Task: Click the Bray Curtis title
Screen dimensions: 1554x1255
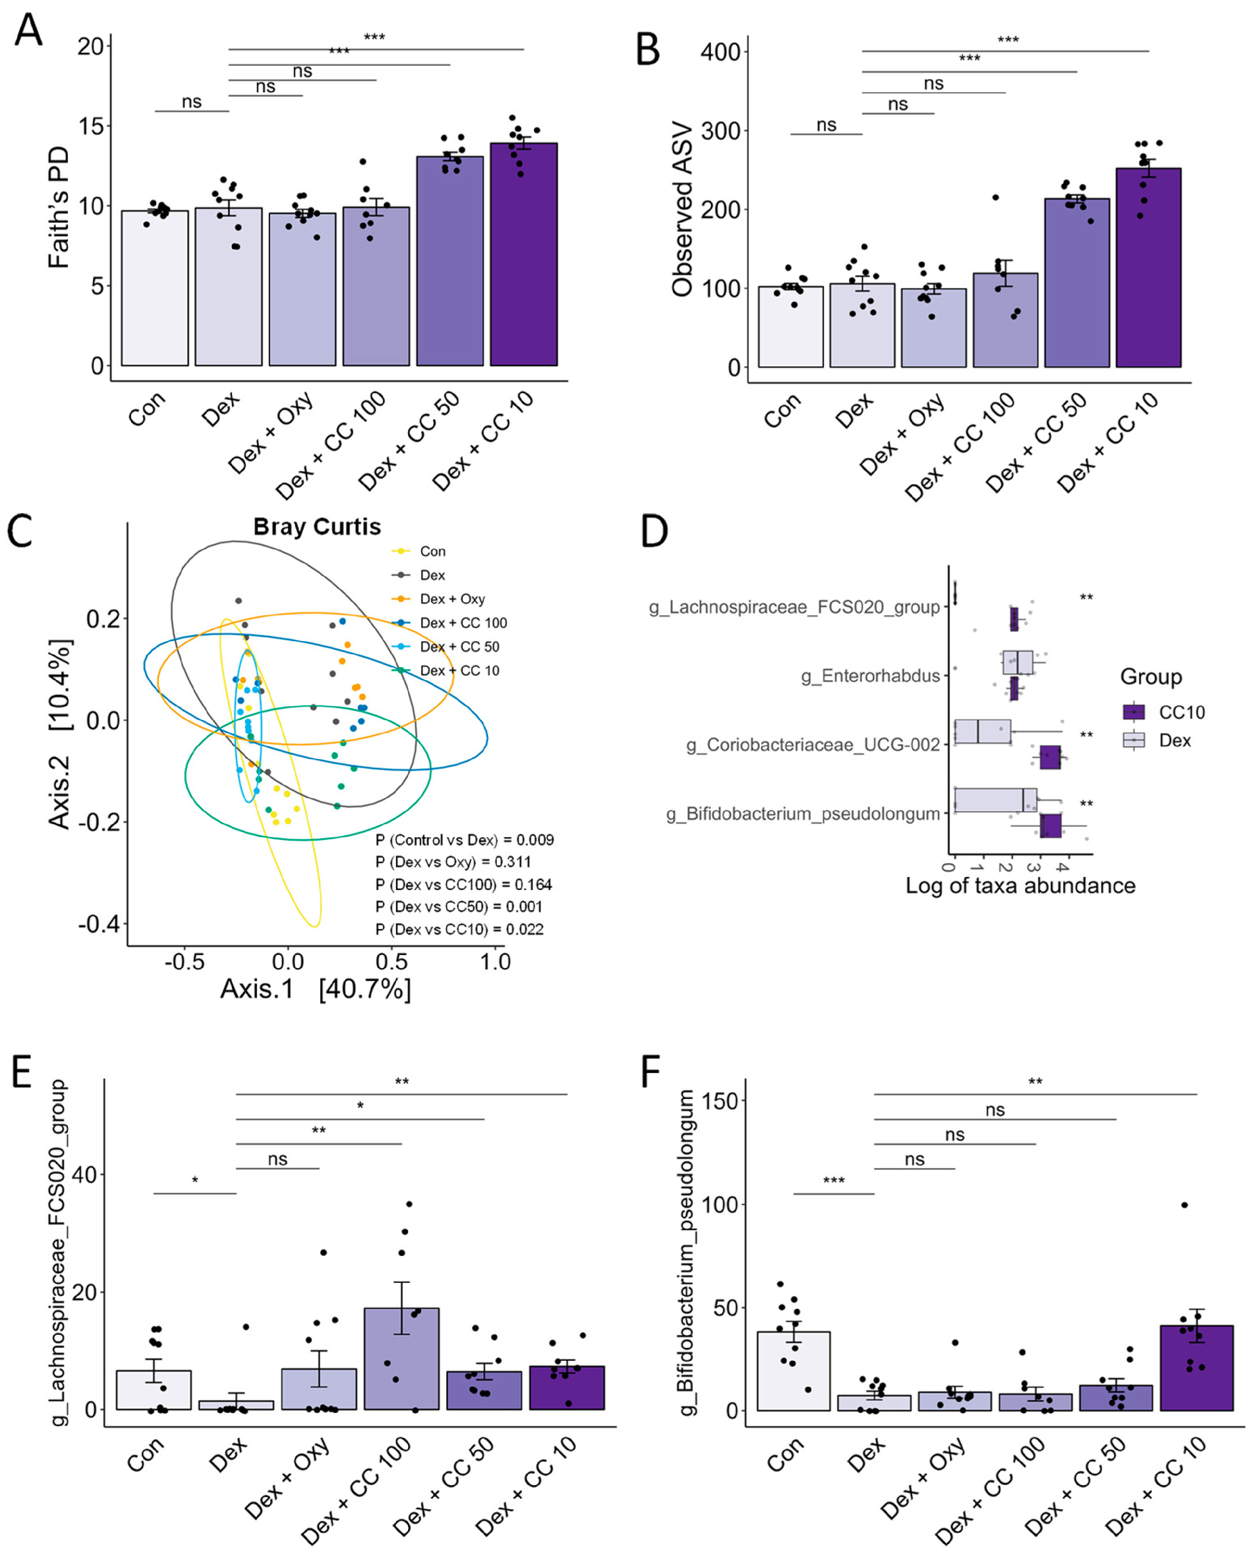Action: pos(317,527)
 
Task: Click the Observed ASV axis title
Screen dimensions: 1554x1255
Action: pos(682,210)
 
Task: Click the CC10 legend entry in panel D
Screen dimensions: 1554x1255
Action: pos(1181,712)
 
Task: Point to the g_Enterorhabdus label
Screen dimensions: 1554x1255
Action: pos(870,676)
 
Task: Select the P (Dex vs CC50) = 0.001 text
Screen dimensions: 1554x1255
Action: pos(458,906)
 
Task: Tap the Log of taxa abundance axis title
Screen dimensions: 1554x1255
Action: pos(1020,885)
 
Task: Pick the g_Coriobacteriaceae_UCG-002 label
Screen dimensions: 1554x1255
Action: pos(813,744)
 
